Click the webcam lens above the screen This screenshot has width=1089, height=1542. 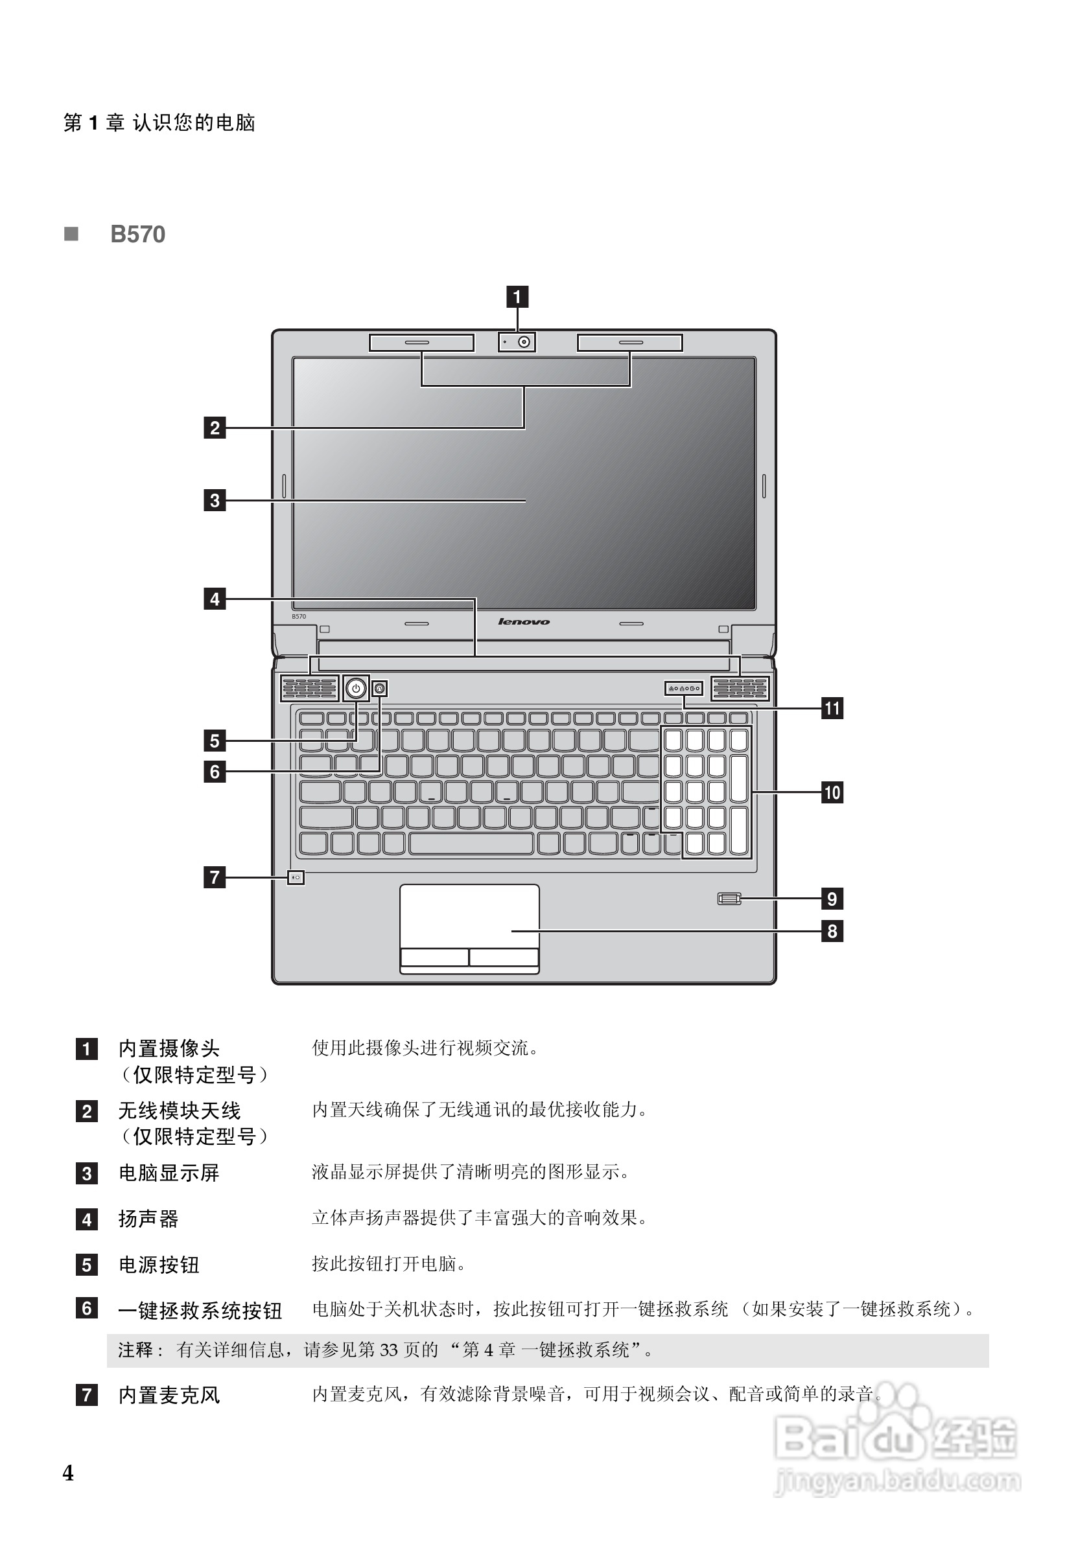pos(524,343)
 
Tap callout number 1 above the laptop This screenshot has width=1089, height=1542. pos(517,296)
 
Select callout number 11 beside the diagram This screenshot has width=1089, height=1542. pos(832,708)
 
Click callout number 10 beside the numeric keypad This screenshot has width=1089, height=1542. pos(832,792)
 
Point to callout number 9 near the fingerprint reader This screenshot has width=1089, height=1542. pos(832,899)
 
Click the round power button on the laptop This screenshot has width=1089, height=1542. pos(356,688)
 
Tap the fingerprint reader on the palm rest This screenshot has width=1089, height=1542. pos(729,899)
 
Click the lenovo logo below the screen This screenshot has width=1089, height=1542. pos(524,622)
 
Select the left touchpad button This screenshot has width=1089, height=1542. pos(434,957)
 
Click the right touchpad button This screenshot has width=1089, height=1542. pos(504,957)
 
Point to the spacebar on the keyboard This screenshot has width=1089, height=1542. pos(471,844)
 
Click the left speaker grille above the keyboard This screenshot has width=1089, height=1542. pos(309,688)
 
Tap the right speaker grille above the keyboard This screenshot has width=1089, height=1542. pos(740,688)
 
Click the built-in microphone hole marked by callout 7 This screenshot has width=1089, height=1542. pos(296,877)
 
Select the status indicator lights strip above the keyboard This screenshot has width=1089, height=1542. pos(684,688)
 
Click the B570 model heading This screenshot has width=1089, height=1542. pos(137,235)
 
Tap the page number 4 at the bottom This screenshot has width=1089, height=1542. pos(68,1473)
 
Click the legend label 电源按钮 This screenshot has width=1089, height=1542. pos(159,1265)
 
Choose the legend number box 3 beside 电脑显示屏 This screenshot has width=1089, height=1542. pos(87,1173)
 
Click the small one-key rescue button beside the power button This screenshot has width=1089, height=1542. pos(381,688)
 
